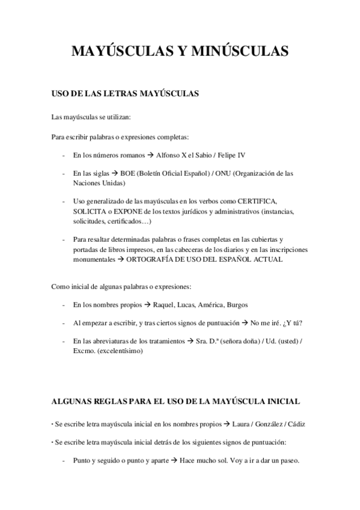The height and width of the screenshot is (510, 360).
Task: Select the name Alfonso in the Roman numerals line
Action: (x=168, y=155)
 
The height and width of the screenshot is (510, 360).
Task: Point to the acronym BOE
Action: (x=128, y=173)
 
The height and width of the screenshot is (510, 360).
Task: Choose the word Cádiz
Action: (x=296, y=424)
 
